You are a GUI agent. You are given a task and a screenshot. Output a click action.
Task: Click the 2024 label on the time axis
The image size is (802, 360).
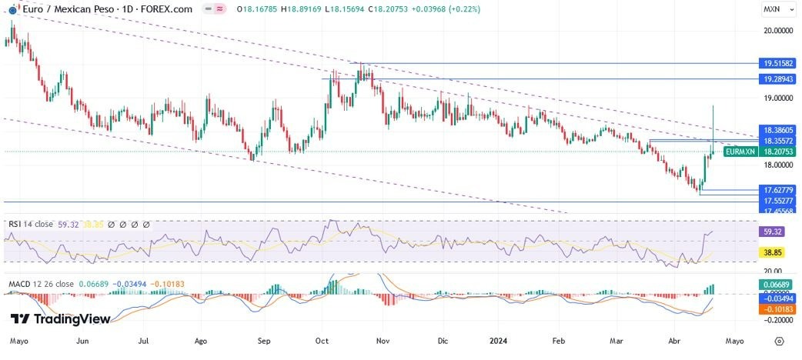pyautogui.click(x=499, y=339)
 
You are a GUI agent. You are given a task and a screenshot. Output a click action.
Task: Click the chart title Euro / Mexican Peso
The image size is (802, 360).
pyautogui.click(x=66, y=9)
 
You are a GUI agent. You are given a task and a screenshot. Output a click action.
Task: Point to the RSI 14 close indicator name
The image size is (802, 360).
pyautogui.click(x=31, y=225)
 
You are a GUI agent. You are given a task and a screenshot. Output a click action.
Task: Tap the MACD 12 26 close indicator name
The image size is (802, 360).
pyautogui.click(x=42, y=285)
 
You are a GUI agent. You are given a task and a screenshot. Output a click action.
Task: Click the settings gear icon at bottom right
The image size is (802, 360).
pyautogui.click(x=780, y=340)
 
